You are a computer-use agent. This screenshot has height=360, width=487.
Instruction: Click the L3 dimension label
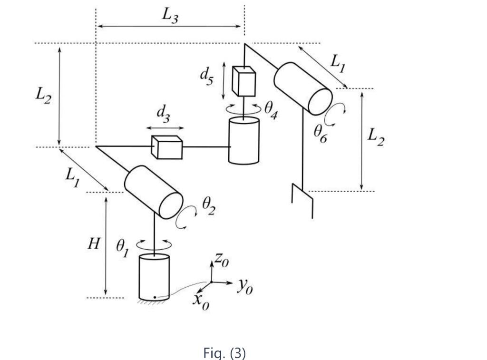169,15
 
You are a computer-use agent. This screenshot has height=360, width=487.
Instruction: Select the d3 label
163,115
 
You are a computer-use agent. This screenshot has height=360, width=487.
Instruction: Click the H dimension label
94,245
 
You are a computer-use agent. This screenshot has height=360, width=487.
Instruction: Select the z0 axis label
220,260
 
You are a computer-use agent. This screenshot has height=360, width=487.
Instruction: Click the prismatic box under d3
167,147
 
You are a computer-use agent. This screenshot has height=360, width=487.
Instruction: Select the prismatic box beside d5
243,80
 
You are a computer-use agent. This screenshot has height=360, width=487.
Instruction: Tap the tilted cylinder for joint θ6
303,88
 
